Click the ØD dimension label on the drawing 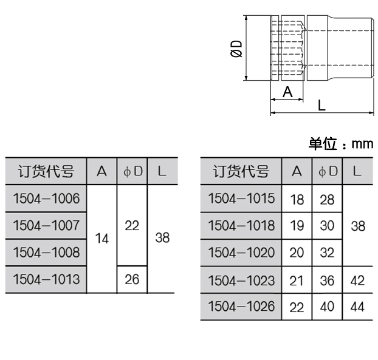click(x=236, y=48)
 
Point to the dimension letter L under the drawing click(x=321, y=104)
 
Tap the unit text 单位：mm click(x=340, y=144)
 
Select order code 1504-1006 click(x=46, y=198)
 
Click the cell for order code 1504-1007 click(x=46, y=225)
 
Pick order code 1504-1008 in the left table click(x=46, y=252)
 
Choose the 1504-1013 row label click(x=46, y=279)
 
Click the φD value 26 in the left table click(x=132, y=279)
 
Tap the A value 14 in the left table click(x=102, y=239)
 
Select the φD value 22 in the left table click(x=132, y=225)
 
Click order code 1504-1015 click(x=241, y=198)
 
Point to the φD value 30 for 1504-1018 click(x=328, y=225)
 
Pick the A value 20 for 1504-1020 click(x=297, y=253)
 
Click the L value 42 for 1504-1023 click(x=357, y=280)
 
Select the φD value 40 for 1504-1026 click(x=328, y=307)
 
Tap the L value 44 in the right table click(x=357, y=307)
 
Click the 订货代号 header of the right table click(x=241, y=172)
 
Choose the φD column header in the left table click(x=132, y=172)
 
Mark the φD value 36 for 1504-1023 click(x=328, y=280)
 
